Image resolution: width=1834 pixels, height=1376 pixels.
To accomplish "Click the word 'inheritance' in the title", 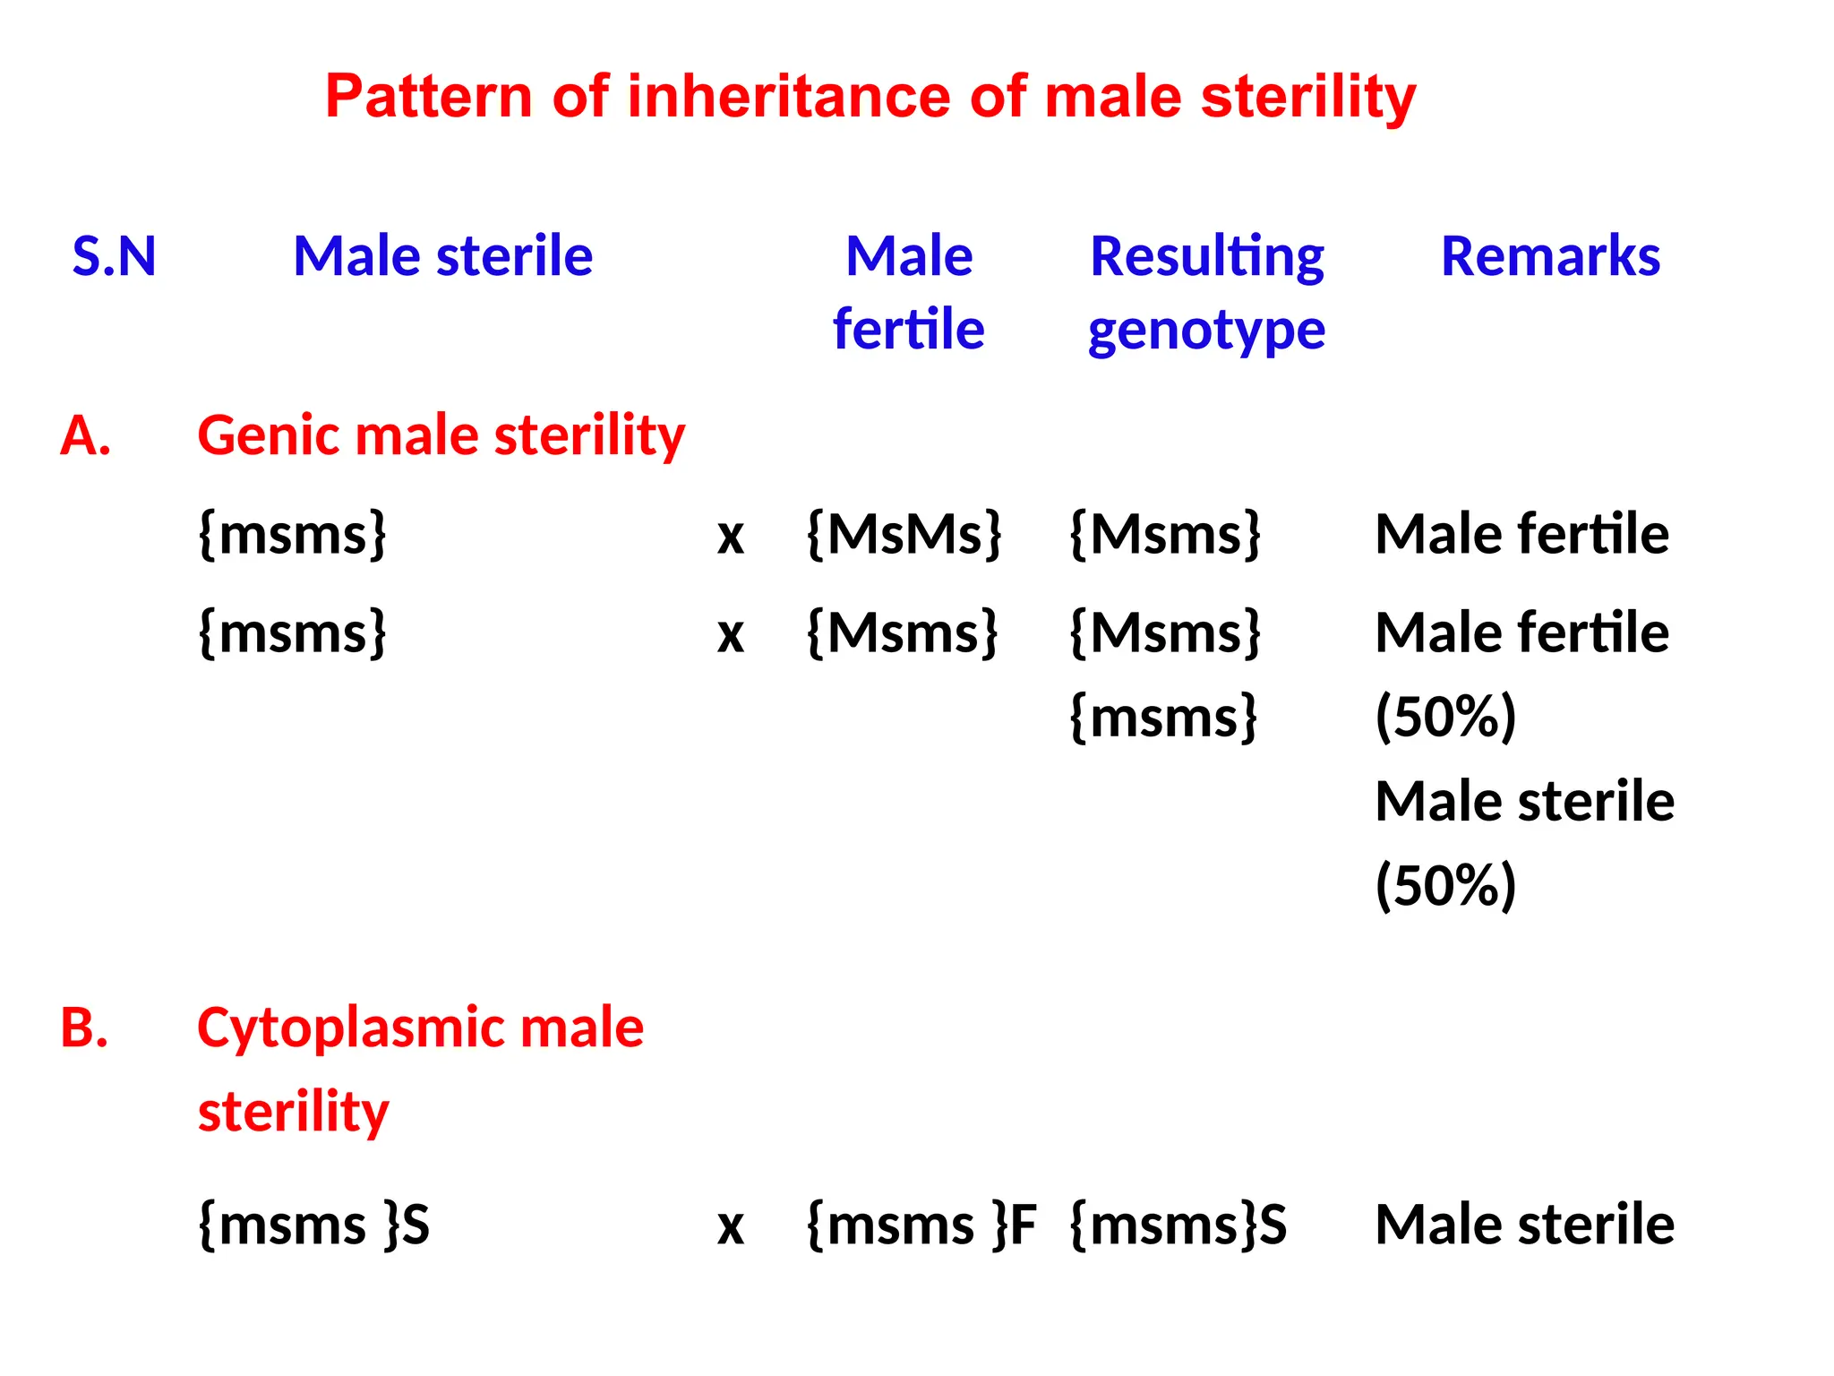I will (788, 97).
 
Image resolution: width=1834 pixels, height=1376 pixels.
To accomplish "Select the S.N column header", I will (114, 256).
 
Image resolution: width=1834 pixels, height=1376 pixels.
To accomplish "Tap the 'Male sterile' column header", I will (442, 256).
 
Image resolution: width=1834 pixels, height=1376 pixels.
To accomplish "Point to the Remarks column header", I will (1550, 256).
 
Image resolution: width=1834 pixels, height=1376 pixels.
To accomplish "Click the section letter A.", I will (85, 436).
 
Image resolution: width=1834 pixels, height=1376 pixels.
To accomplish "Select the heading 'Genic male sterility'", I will (441, 436).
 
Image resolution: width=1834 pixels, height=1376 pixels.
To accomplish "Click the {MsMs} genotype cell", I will (904, 535).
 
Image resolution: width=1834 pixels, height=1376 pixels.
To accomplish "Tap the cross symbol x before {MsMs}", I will (731, 537).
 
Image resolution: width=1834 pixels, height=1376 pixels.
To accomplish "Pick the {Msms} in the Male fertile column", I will (902, 633).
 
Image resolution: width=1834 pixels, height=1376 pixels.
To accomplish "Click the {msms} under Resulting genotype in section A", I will (1164, 718).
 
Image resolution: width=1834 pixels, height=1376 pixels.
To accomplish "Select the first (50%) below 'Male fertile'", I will (1445, 717).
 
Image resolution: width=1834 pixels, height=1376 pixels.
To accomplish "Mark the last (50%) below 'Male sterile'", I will (1445, 885).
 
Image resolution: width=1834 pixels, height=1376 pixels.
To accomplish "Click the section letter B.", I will (84, 1028).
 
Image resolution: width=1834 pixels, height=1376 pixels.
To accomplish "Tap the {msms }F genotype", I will (921, 1225).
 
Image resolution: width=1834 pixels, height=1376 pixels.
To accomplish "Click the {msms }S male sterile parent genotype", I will (313, 1225).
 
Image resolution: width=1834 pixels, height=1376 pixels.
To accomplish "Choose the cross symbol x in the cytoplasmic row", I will (731, 1227).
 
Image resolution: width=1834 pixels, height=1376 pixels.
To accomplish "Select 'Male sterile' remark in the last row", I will (1524, 1225).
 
